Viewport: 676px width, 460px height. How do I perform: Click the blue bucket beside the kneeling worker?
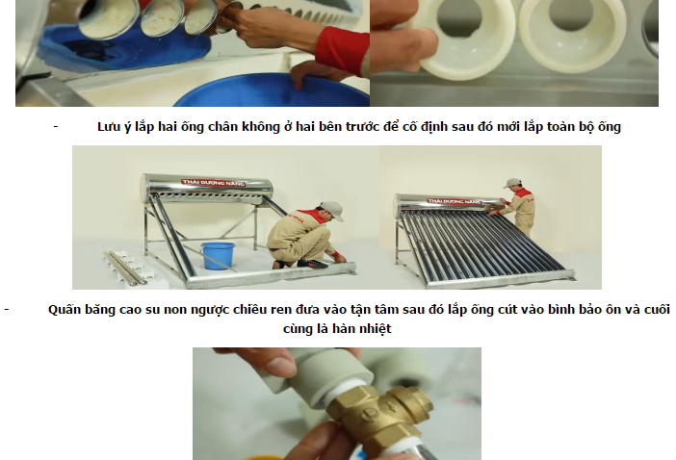[218, 256]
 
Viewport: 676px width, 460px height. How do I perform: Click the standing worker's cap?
[512, 183]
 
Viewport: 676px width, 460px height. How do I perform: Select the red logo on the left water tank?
[214, 183]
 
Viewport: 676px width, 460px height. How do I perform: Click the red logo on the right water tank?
[454, 201]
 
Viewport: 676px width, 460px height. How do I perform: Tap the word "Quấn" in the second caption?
[62, 310]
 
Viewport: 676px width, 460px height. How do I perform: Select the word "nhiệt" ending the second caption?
[377, 328]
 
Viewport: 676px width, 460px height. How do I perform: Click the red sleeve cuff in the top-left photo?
[342, 48]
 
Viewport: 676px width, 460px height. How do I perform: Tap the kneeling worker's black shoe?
[312, 264]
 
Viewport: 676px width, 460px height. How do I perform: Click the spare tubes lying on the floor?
[126, 268]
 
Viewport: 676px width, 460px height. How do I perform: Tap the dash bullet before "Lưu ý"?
[56, 126]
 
